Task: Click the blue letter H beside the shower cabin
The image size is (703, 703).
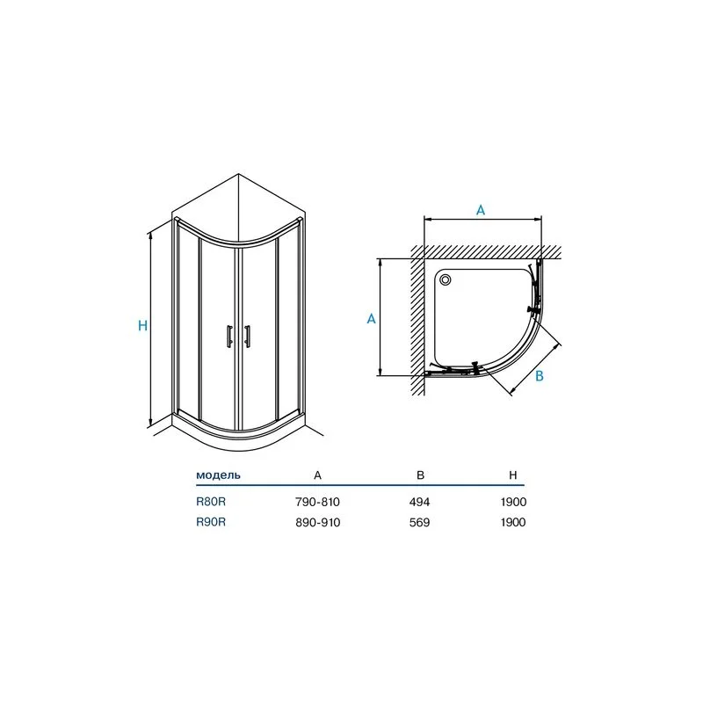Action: (142, 325)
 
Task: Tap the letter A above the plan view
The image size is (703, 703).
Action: (480, 210)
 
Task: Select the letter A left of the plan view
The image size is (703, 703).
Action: (371, 318)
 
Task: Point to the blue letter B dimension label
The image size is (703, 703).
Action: (540, 376)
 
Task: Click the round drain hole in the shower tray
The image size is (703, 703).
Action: (446, 279)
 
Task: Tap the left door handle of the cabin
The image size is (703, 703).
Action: (229, 336)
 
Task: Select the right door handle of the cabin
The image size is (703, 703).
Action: (247, 336)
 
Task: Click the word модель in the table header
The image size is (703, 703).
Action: (218, 475)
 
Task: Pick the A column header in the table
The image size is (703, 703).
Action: (317, 475)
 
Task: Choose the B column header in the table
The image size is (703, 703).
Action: (420, 475)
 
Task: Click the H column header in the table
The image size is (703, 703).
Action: (513, 475)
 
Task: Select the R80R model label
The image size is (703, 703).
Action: (211, 502)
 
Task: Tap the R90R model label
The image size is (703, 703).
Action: (211, 522)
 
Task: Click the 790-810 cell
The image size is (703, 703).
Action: (317, 502)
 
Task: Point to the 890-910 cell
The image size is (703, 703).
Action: (317, 523)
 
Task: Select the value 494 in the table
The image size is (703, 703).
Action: (419, 502)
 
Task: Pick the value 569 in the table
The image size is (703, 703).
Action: (419, 523)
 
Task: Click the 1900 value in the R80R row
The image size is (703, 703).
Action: (513, 502)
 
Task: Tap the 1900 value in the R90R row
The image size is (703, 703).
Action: (513, 523)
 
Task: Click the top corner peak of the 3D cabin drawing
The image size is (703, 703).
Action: (238, 174)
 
